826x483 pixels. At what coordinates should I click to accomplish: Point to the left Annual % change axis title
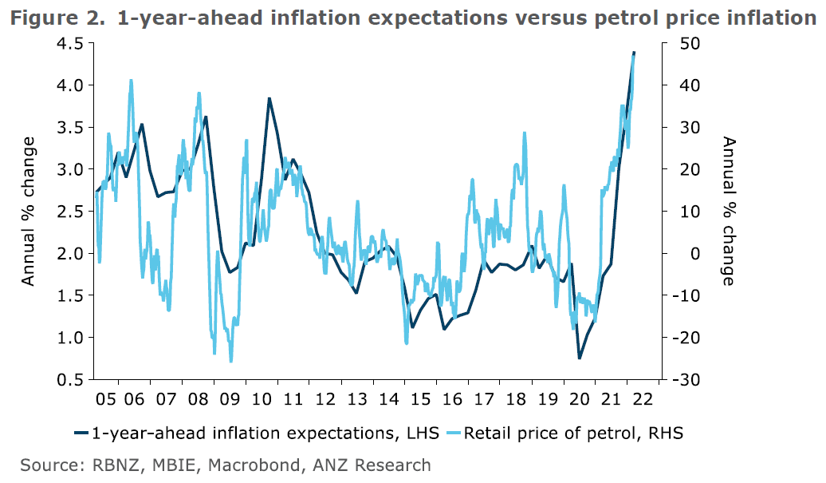coord(29,212)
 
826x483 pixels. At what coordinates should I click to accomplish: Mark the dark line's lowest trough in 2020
coord(580,358)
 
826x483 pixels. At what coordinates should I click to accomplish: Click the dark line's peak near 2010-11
coord(269,98)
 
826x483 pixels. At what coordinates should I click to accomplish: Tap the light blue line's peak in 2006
coord(131,80)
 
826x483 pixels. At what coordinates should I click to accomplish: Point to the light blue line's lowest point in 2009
coord(231,362)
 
